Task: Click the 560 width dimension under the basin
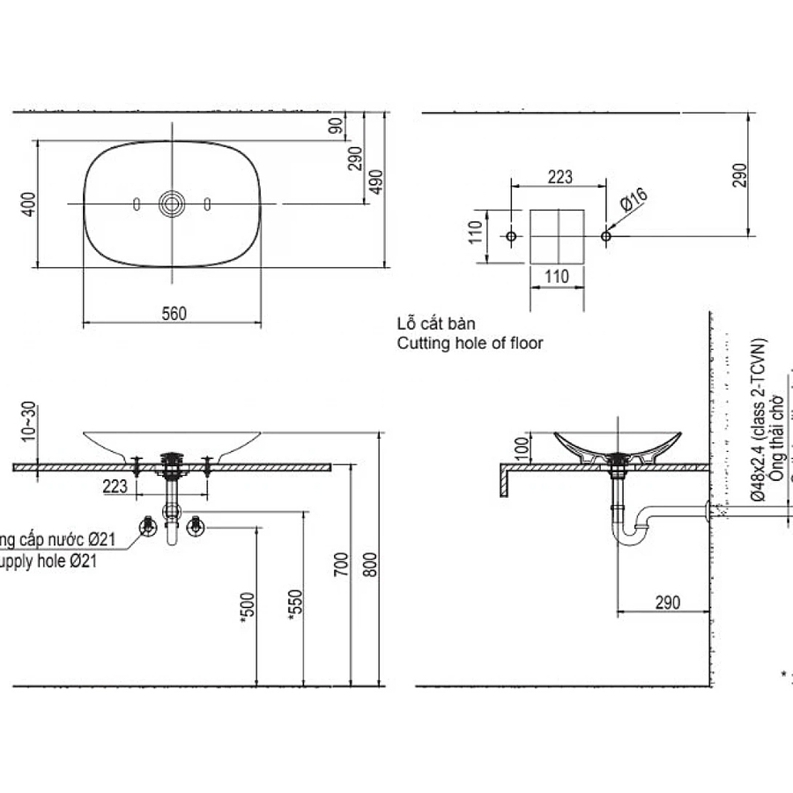click(x=174, y=314)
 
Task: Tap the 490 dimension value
click(x=378, y=182)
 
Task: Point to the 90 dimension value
click(x=336, y=127)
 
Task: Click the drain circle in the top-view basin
click(x=172, y=204)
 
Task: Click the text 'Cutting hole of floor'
click(x=470, y=344)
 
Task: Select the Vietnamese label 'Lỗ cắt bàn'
click(x=436, y=324)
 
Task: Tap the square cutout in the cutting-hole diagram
click(x=557, y=236)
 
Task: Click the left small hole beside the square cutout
click(x=511, y=236)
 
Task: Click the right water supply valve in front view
click(x=195, y=527)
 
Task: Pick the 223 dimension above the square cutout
click(x=560, y=177)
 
